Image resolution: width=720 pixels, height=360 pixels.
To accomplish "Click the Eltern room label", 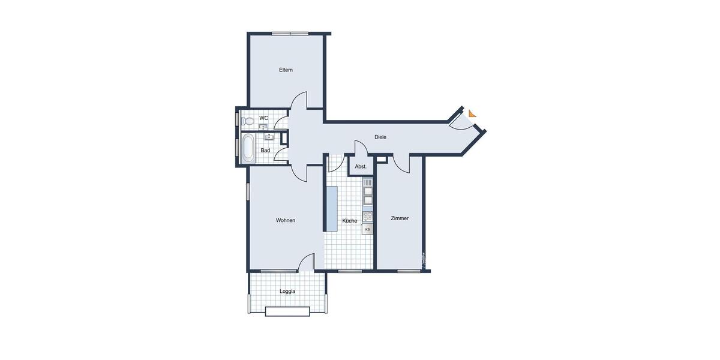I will click(286, 70).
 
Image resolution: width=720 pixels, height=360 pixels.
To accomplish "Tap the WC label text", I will click(263, 118).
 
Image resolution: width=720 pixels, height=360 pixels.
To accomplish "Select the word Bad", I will click(265, 151).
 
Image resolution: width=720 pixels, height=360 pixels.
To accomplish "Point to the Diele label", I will click(380, 137).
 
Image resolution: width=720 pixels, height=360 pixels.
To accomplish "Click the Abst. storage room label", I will click(361, 167).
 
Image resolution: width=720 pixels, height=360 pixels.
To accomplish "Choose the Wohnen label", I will click(286, 220).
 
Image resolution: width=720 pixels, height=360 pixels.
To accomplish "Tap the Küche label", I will click(349, 221).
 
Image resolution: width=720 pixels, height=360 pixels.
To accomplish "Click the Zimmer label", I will click(400, 218).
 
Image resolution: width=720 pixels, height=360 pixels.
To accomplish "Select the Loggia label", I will click(287, 292).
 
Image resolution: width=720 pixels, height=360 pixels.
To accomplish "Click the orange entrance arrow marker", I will click(473, 113).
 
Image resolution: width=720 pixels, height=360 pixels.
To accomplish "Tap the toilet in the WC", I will click(248, 121).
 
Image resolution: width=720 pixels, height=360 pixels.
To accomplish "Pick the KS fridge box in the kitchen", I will click(368, 229).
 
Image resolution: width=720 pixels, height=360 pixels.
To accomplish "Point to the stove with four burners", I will click(368, 215).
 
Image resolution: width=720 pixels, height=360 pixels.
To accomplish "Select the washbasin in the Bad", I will click(269, 137).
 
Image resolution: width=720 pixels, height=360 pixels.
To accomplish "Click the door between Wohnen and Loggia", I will click(307, 263).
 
